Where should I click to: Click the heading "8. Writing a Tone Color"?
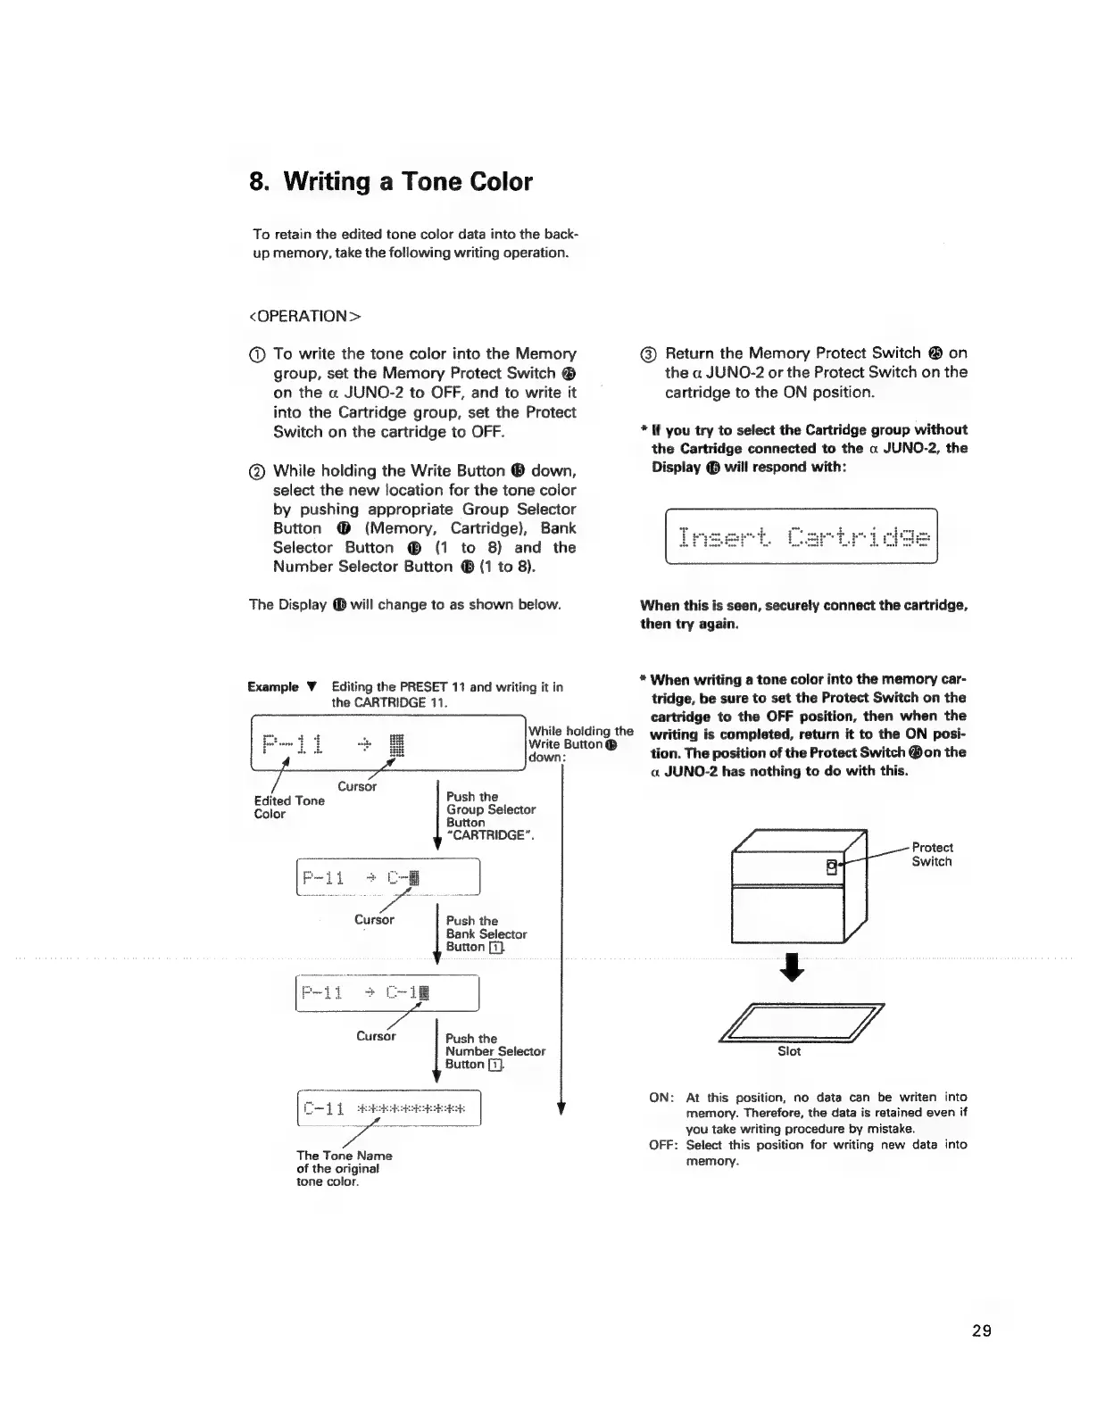[391, 182]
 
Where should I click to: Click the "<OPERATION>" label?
[304, 316]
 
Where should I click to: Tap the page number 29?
[982, 1332]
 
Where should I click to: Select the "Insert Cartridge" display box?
[802, 536]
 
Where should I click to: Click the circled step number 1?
[260, 354]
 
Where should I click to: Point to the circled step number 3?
[650, 353]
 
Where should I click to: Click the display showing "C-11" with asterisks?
[388, 1109]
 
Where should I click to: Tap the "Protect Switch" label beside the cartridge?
[932, 854]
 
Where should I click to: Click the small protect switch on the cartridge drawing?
[832, 865]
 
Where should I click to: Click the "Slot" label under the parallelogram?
[789, 1051]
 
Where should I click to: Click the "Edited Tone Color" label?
[289, 807]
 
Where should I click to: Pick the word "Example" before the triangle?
[273, 686]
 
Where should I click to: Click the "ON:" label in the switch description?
[661, 1097]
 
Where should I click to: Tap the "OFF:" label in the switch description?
[664, 1145]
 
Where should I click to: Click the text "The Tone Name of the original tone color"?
[344, 1168]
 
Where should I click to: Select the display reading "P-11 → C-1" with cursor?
[388, 992]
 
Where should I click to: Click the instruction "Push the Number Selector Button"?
[494, 1051]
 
